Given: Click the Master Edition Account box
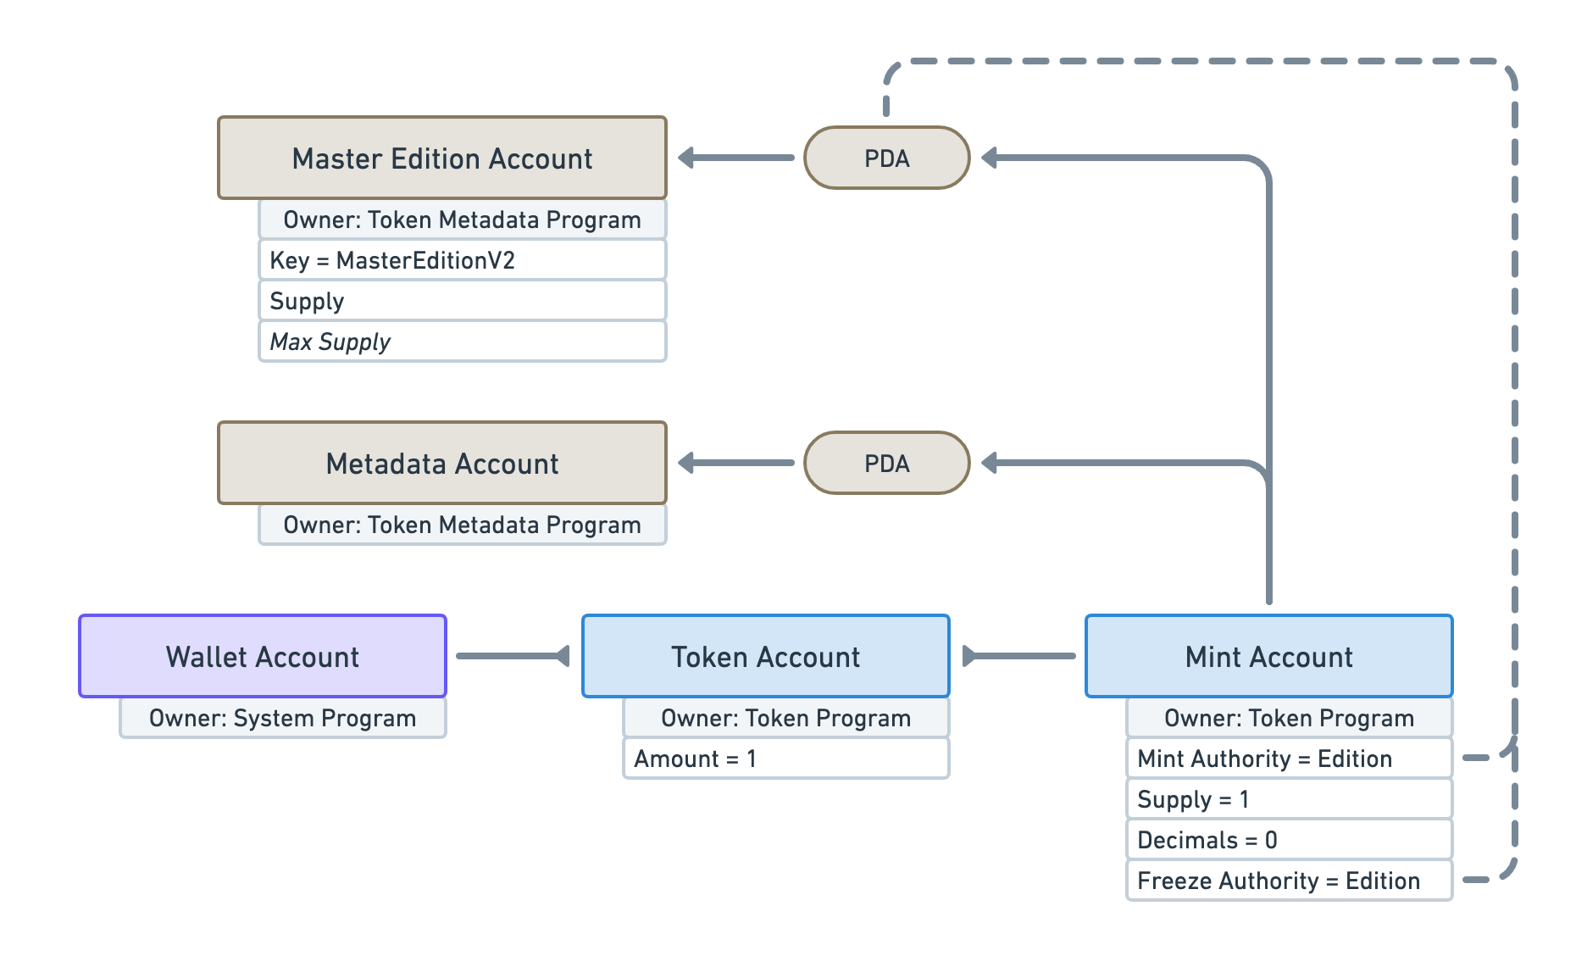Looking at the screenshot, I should pyautogui.click(x=441, y=158).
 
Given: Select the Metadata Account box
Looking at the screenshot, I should pyautogui.click(x=441, y=464).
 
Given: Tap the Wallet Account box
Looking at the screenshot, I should pyautogui.click(x=263, y=657).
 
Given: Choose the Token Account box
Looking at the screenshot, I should pyautogui.click(x=765, y=657).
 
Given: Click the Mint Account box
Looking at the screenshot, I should pyautogui.click(x=1268, y=657).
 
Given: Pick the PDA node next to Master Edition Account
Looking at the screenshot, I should pyautogui.click(x=886, y=158).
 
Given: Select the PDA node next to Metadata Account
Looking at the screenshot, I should pyautogui.click(x=886, y=464).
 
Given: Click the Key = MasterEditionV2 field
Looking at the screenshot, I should pyautogui.click(x=462, y=260).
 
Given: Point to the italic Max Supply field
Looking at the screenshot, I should pyautogui.click(x=462, y=342).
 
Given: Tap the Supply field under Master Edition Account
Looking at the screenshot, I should pyautogui.click(x=462, y=301).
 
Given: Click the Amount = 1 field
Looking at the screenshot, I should pyautogui.click(x=785, y=759).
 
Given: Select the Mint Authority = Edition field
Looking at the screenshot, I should pyautogui.click(x=1288, y=759).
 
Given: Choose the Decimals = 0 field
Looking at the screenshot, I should pyautogui.click(x=1288, y=840).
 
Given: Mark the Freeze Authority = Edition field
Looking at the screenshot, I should pyautogui.click(x=1288, y=881).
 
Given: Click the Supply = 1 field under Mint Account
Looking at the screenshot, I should pyautogui.click(x=1288, y=799).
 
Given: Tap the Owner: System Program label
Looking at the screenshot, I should pyautogui.click(x=282, y=718).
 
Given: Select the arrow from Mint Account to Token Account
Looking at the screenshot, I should pyautogui.click(x=1019, y=656).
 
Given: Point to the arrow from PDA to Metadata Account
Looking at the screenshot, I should pyautogui.click(x=735, y=463).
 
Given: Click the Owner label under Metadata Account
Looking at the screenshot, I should pyautogui.click(x=462, y=525).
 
